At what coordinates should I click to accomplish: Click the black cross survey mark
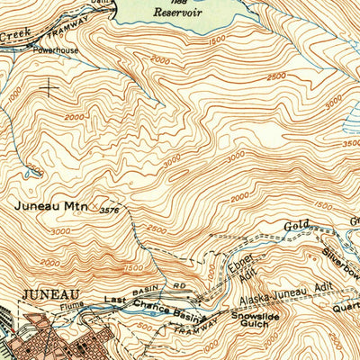pos(45,87)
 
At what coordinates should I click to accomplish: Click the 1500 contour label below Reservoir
pos(212,41)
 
